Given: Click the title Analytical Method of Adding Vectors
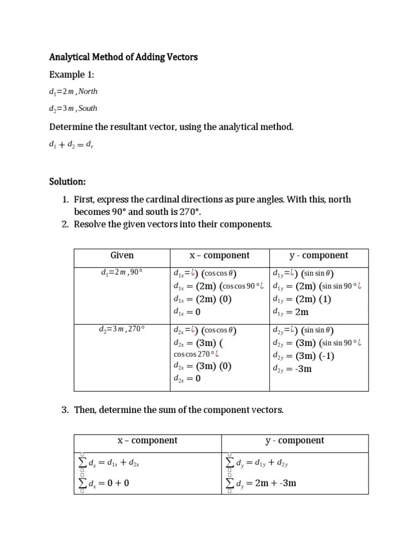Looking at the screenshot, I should click(124, 57).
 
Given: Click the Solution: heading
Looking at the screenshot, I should click(67, 181).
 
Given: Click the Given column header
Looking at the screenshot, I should click(122, 255).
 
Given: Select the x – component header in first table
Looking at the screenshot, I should click(219, 255).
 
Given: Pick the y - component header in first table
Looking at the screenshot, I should click(318, 255).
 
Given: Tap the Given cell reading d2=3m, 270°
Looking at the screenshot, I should click(121, 330).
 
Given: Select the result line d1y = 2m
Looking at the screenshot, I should click(291, 312).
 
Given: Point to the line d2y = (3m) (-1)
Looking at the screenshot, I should click(303, 356).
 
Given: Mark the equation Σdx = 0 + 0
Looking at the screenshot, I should click(104, 483).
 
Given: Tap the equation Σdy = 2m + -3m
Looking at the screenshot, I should click(261, 483).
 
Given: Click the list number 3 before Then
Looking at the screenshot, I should click(64, 410).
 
